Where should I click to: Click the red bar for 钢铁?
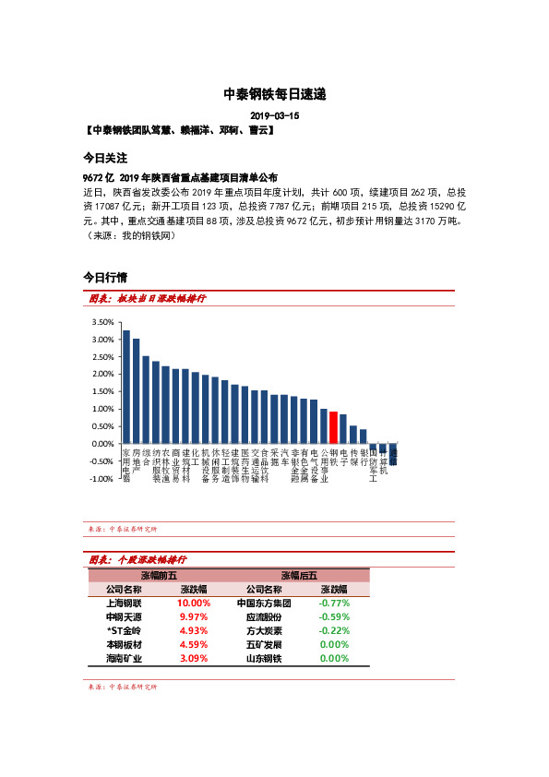[333, 428]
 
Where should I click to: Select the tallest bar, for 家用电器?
[126, 388]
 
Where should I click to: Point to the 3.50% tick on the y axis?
[102, 322]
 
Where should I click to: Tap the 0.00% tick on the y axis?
[102, 444]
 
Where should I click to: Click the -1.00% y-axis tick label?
[102, 479]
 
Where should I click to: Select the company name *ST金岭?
[124, 631]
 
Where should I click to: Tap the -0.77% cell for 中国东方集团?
[333, 604]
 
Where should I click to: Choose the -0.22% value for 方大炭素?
[333, 631]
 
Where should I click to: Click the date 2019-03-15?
[275, 116]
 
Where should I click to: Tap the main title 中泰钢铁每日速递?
[275, 94]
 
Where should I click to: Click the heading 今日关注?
[104, 159]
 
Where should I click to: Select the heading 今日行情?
[104, 276]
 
